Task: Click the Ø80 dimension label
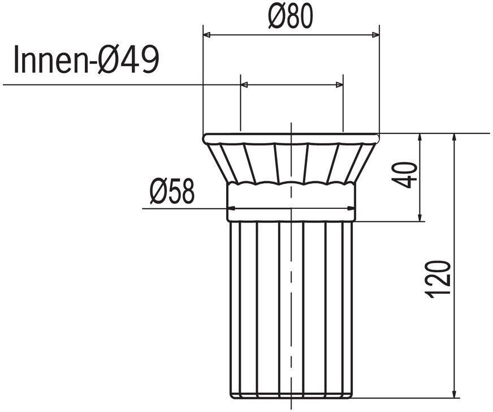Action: (291, 16)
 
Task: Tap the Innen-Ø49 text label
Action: (87, 59)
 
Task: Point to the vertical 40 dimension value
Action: (404, 175)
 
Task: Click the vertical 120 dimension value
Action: (438, 279)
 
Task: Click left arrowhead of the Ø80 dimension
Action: (207, 35)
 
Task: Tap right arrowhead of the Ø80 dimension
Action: (376, 35)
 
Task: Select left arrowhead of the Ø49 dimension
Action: (244, 85)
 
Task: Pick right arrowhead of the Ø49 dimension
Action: (339, 85)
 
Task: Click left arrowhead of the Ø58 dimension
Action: (231, 208)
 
